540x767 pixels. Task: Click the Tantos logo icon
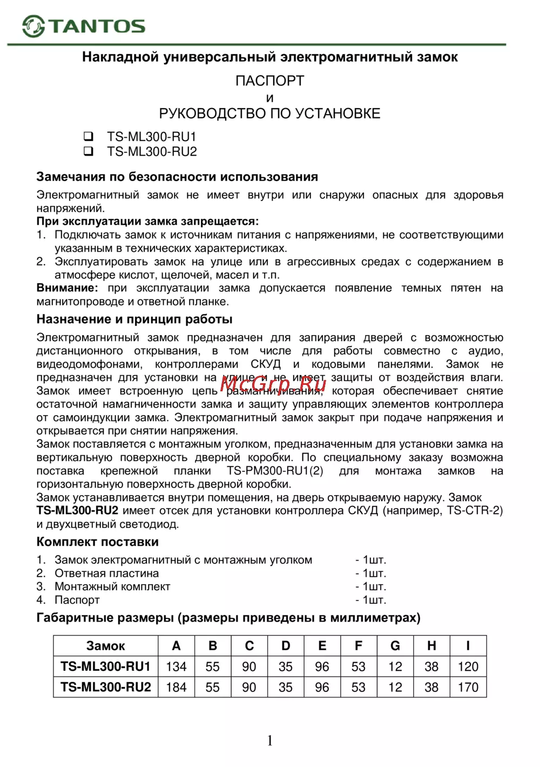pyautogui.click(x=33, y=26)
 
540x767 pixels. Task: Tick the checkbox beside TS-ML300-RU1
pyautogui.click(x=89, y=136)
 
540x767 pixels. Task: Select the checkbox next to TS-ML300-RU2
pyautogui.click(x=89, y=151)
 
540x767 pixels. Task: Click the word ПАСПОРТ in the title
pyautogui.click(x=269, y=81)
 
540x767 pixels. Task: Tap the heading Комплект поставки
pyautogui.click(x=97, y=542)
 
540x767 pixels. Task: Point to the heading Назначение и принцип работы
pyautogui.click(x=134, y=319)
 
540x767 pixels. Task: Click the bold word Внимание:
pyautogui.click(x=67, y=288)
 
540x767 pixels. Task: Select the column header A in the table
pyautogui.click(x=176, y=646)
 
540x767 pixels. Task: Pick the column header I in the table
pyautogui.click(x=468, y=646)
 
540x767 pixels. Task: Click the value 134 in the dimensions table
pyautogui.click(x=176, y=666)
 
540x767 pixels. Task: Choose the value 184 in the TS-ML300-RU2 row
pyautogui.click(x=176, y=687)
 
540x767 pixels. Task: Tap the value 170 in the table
pyautogui.click(x=468, y=687)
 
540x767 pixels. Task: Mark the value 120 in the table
pyautogui.click(x=468, y=666)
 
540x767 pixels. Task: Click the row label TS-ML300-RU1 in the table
pyautogui.click(x=106, y=666)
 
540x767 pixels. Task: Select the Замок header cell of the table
pyautogui.click(x=106, y=646)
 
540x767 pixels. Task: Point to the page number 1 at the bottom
pyautogui.click(x=270, y=741)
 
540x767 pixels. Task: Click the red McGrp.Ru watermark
pyautogui.click(x=273, y=384)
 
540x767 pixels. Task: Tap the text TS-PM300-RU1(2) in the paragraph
pyautogui.click(x=275, y=471)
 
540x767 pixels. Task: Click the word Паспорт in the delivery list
pyautogui.click(x=77, y=600)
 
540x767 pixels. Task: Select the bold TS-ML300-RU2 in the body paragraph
pyautogui.click(x=77, y=511)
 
